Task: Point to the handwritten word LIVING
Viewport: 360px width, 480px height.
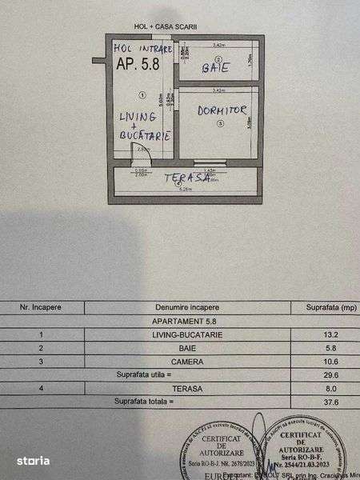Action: click(138, 117)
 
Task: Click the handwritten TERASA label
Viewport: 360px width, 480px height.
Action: click(188, 178)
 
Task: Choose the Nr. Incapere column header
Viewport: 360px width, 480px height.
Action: click(42, 306)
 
